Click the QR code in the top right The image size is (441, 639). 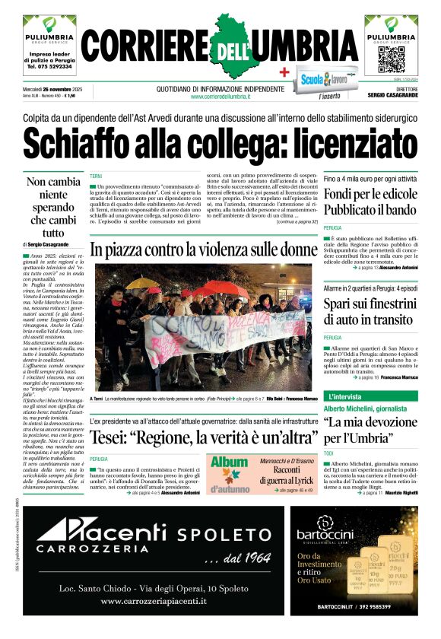[391, 59]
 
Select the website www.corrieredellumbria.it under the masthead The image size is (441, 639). [220, 97]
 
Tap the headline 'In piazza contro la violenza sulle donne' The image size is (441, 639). [203, 250]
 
